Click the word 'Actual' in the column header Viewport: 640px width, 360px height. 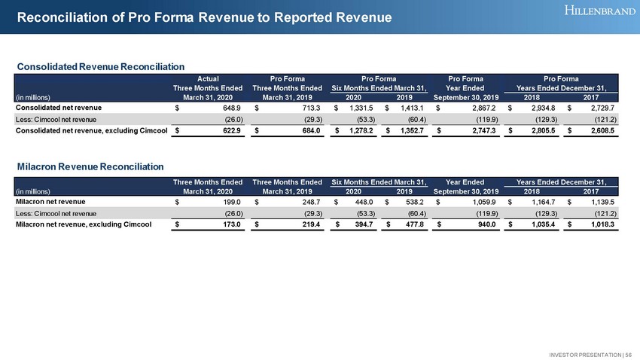[209, 78]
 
